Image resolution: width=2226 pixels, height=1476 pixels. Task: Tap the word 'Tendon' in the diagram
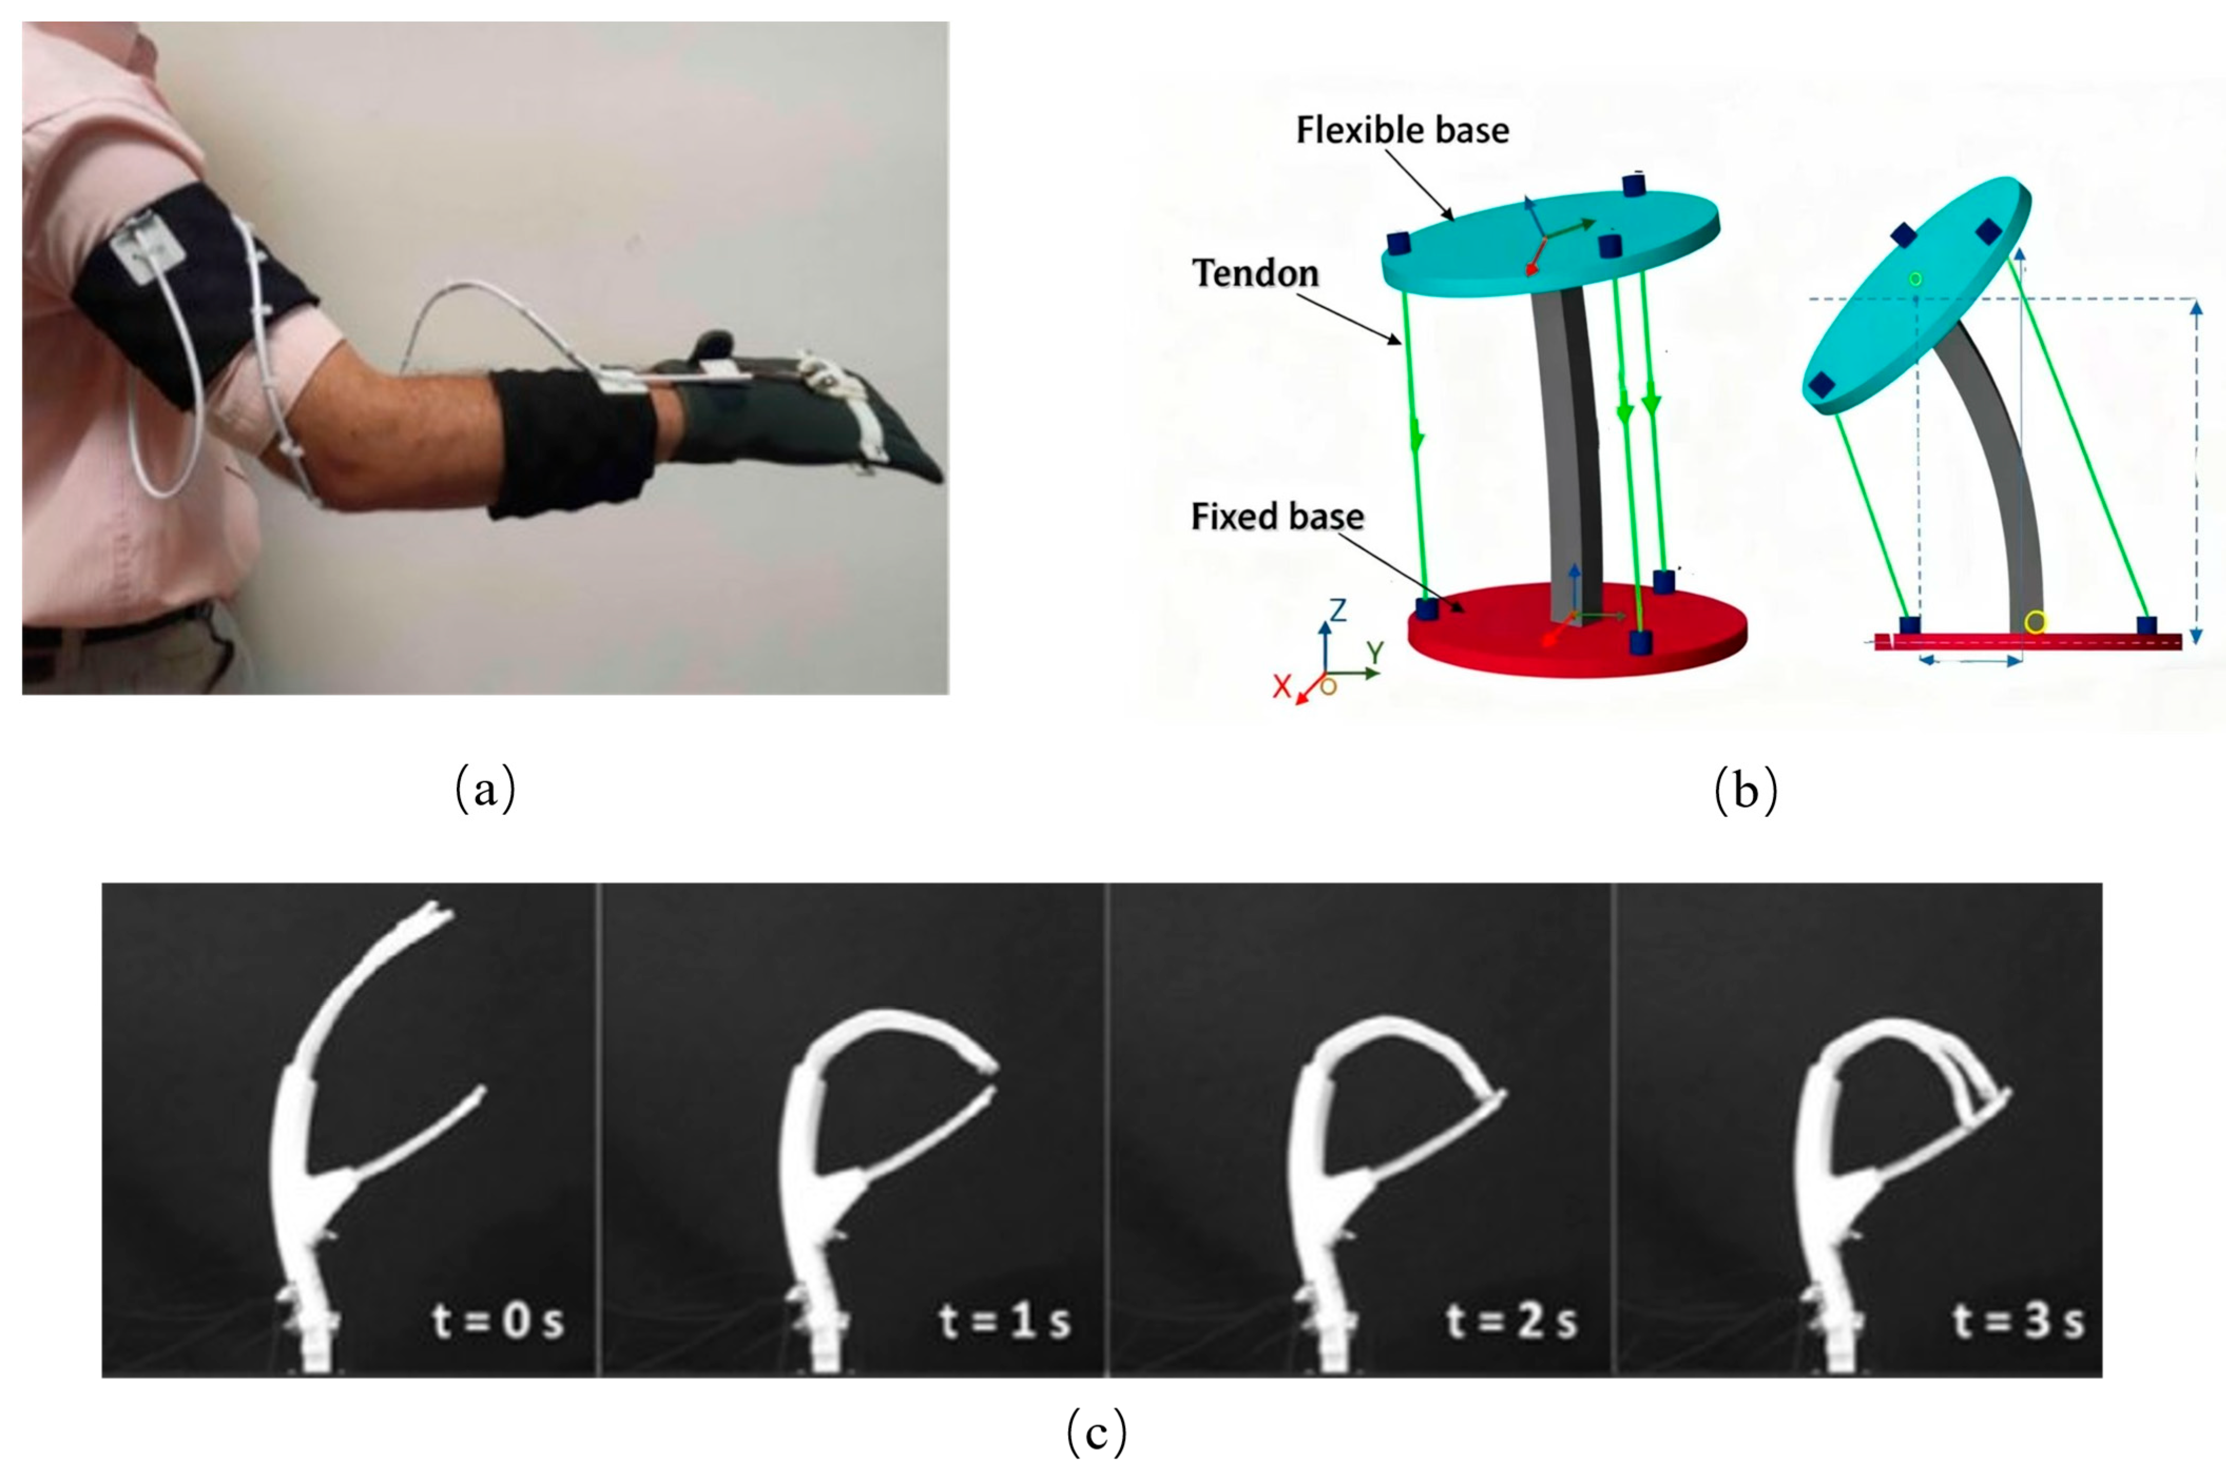pyautogui.click(x=1255, y=273)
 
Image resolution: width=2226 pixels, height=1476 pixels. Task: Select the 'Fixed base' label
pyautogui.click(x=1277, y=516)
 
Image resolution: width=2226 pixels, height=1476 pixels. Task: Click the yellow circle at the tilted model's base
pyautogui.click(x=2035, y=622)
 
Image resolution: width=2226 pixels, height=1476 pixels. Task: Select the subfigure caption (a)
pyautogui.click(x=485, y=789)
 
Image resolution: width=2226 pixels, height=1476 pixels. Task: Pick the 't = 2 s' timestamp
pyautogui.click(x=1511, y=1320)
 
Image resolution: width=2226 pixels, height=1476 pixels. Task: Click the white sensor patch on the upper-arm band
pyautogui.click(x=149, y=247)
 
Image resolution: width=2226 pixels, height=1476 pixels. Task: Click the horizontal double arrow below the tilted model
pyautogui.click(x=1970, y=661)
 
